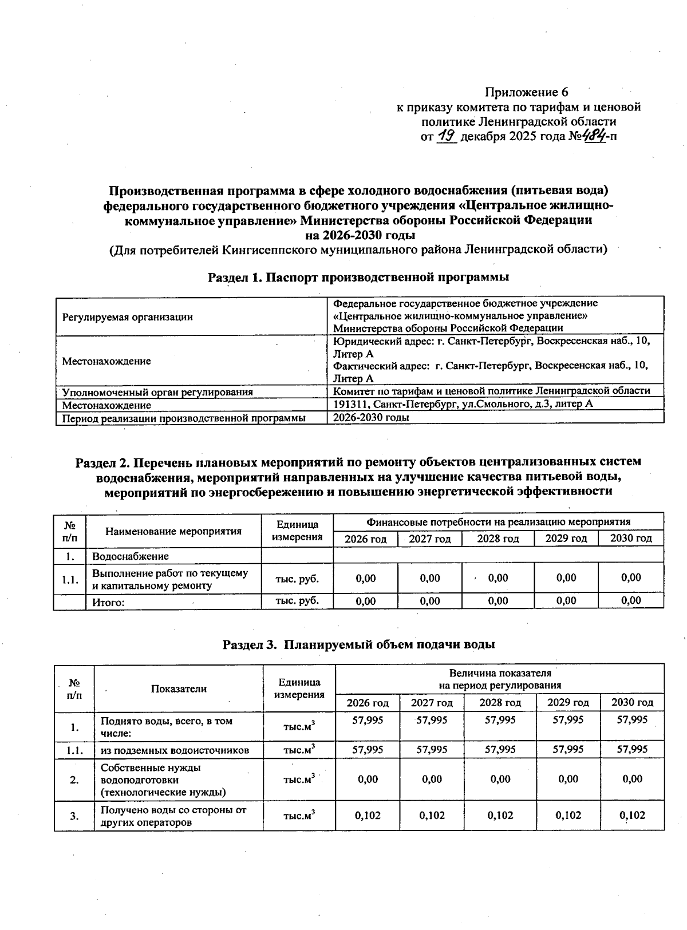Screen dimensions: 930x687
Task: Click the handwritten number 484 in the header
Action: [595, 137]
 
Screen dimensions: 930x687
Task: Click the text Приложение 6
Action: [526, 92]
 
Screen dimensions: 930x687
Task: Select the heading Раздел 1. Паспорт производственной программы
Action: [358, 278]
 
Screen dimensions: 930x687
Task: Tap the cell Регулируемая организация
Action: [127, 317]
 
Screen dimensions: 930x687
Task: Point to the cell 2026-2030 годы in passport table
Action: [371, 417]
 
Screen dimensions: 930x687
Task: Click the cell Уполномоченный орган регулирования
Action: [157, 392]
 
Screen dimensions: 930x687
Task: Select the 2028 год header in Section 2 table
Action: [498, 539]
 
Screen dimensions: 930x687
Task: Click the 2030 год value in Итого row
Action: [631, 600]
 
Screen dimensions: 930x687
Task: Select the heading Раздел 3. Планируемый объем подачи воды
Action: [358, 644]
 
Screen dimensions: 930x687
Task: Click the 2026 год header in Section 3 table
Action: [368, 702]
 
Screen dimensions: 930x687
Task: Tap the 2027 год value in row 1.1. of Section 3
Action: [432, 750]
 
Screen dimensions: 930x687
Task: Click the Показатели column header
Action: [179, 688]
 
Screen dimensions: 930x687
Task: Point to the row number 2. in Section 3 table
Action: [74, 779]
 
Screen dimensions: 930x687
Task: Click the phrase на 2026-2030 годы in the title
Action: [360, 235]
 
